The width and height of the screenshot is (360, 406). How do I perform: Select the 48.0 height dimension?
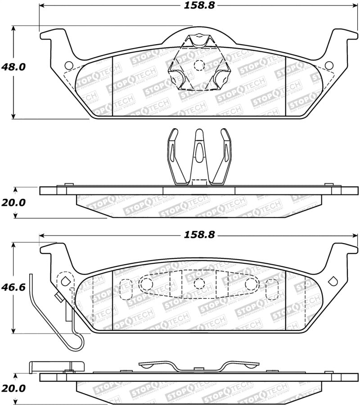pyautogui.click(x=13, y=67)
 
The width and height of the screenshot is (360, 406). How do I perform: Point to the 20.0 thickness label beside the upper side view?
pyautogui.click(x=13, y=203)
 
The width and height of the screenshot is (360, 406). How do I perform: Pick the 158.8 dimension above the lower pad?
pyautogui.click(x=196, y=235)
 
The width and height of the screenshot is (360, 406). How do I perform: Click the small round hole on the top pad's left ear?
pyautogui.click(x=68, y=64)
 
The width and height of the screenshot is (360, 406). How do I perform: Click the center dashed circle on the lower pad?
pyautogui.click(x=198, y=284)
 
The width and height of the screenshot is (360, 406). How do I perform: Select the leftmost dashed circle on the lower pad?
pyautogui.click(x=146, y=284)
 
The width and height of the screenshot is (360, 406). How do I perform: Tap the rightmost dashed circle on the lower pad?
pyautogui.click(x=251, y=284)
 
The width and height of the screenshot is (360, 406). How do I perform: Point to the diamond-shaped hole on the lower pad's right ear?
pyautogui.click(x=333, y=280)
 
